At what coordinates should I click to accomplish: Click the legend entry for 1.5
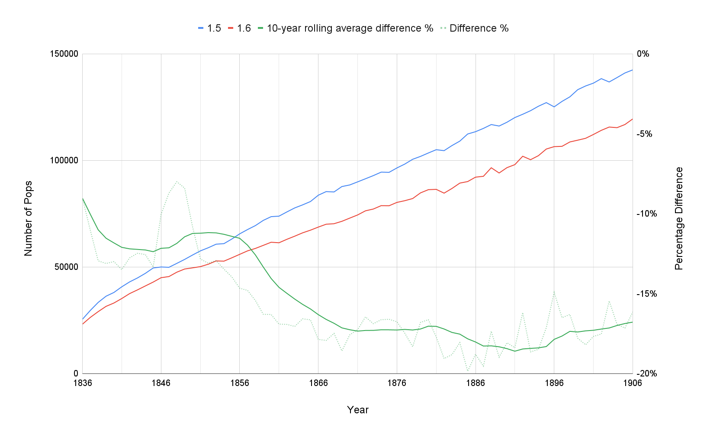point(209,28)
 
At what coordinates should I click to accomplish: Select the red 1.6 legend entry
point(239,28)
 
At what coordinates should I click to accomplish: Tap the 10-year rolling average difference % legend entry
point(345,28)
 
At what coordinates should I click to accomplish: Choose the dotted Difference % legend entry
point(475,28)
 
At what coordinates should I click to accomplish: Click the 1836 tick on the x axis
point(82,383)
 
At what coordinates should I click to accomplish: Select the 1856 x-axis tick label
point(240,383)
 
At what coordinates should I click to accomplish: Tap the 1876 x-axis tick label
point(397,383)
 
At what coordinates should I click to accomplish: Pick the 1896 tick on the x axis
point(554,383)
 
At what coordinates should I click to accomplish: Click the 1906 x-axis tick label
point(632,383)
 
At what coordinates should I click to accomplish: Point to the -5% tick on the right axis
point(646,134)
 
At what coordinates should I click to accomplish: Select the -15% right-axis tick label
point(646,294)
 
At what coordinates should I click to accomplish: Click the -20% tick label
point(646,373)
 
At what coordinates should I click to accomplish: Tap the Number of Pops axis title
point(29,218)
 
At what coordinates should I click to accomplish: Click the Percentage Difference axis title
point(679,218)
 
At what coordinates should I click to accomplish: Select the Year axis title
point(357,410)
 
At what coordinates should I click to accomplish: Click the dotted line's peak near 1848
point(177,182)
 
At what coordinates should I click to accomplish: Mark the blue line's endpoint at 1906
point(632,70)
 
